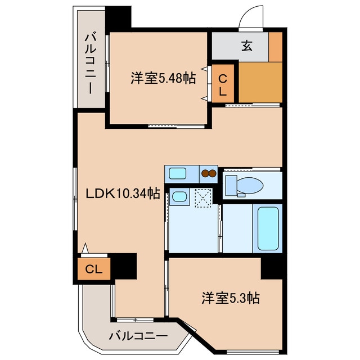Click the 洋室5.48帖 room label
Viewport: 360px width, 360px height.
tap(163, 78)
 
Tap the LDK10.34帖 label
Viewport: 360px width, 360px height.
tap(123, 193)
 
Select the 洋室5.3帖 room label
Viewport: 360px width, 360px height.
tap(231, 298)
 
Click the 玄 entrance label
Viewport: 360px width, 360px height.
tap(247, 46)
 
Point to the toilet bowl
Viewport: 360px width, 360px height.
tap(250, 185)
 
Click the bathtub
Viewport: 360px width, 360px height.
tap(268, 228)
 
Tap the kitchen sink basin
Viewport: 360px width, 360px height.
tap(178, 173)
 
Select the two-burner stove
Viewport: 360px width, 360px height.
tap(209, 174)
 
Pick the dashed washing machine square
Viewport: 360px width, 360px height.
tap(203, 198)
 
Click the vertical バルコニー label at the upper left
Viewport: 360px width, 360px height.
tap(91, 64)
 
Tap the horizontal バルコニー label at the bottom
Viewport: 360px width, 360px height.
tap(138, 336)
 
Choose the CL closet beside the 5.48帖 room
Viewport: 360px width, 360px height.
tap(223, 84)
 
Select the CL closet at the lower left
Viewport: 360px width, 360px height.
tap(94, 269)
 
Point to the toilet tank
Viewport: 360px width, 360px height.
tap(231, 186)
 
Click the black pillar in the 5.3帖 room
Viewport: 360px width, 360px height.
tap(272, 268)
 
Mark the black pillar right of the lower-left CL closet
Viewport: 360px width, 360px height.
tap(124, 266)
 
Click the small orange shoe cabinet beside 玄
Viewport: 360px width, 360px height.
tap(276, 47)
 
